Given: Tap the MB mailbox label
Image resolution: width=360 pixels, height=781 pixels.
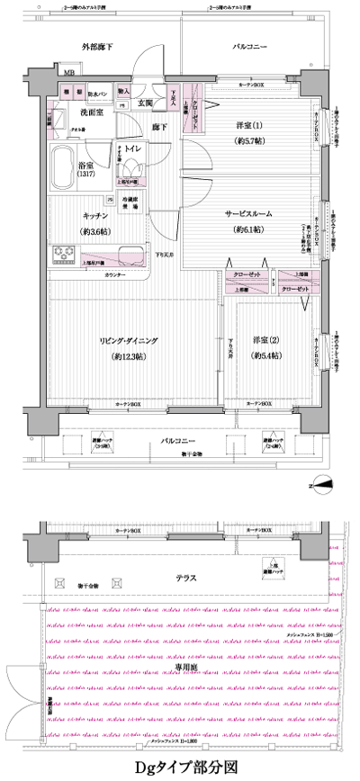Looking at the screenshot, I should [68, 73].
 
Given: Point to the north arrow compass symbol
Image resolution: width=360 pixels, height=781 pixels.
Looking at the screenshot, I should [322, 487].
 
